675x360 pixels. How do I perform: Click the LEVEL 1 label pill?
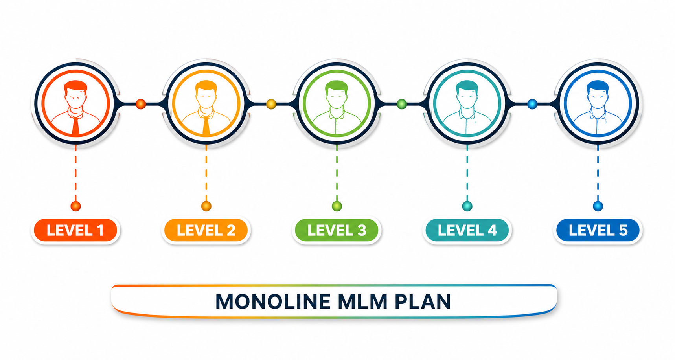[75, 230]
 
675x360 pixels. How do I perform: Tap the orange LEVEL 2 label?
[206, 230]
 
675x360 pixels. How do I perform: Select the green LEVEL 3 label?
[337, 230]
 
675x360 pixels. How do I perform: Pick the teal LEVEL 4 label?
[467, 230]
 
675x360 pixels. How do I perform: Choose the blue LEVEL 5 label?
[598, 230]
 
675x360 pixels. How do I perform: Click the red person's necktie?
[75, 125]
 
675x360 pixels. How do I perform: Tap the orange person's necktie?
[206, 125]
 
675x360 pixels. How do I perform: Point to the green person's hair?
[337, 86]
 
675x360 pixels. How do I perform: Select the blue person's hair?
[598, 86]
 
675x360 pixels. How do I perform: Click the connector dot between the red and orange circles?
[141, 104]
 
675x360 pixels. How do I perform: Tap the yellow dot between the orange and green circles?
[271, 104]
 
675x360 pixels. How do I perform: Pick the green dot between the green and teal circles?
[402, 104]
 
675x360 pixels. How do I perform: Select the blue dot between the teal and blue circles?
[532, 104]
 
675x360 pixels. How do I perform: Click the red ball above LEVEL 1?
[75, 206]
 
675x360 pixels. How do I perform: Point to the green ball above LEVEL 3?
[337, 206]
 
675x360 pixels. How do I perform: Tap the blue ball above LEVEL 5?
[598, 206]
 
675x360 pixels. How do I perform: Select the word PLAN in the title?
[423, 302]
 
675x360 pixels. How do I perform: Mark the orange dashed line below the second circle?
[206, 173]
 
